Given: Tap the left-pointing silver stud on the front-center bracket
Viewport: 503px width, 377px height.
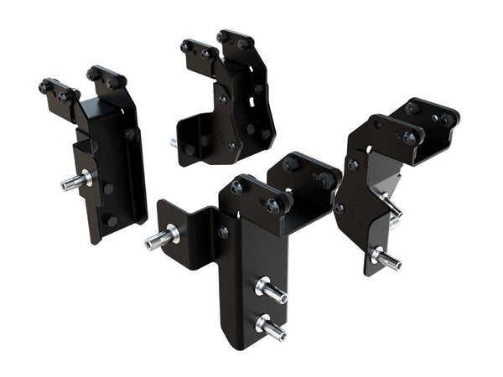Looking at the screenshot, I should (x=160, y=238).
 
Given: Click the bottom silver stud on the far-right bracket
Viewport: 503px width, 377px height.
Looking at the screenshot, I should (x=385, y=257).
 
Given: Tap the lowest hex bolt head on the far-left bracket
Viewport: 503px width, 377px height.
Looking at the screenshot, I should (x=111, y=221).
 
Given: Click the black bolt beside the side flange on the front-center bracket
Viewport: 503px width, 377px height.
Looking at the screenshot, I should (x=223, y=232).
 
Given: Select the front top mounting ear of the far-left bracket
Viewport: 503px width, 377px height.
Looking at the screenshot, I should (x=59, y=90).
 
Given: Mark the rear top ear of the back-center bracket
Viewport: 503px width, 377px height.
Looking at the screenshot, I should (x=234, y=39).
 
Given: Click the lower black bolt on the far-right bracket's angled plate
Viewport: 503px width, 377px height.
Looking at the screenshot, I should (x=340, y=208).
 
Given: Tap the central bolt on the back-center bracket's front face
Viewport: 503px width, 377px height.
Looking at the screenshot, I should (x=223, y=100).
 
